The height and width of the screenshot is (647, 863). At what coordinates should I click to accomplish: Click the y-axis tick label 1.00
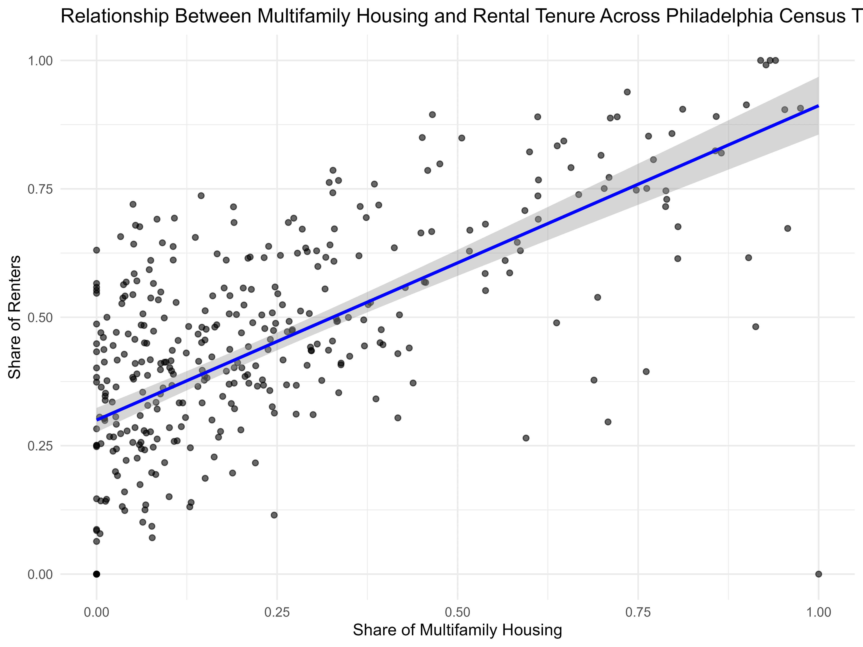pyautogui.click(x=40, y=61)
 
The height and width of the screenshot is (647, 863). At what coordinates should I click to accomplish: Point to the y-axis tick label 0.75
pyautogui.click(x=40, y=189)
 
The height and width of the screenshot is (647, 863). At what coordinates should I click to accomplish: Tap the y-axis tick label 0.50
pyautogui.click(x=40, y=317)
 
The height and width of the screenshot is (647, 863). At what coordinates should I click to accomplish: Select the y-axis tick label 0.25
pyautogui.click(x=40, y=446)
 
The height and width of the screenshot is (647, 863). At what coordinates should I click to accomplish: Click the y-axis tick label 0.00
pyautogui.click(x=40, y=574)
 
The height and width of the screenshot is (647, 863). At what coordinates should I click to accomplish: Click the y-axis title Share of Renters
pyautogui.click(x=15, y=317)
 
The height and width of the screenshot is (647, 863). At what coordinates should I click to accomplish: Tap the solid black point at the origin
pyautogui.click(x=96, y=574)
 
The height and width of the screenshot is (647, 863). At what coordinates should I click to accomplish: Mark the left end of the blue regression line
pyautogui.click(x=97, y=420)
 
